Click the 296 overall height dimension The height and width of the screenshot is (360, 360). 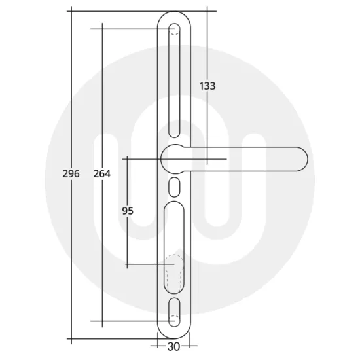coord(72,174)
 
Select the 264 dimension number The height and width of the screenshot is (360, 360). coord(101,174)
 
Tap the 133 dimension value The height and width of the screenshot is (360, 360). coord(207,86)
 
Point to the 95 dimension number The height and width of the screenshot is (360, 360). coord(128,211)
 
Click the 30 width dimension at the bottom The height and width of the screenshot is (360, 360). coord(173,347)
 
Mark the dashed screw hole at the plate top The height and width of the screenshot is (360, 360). coord(174,29)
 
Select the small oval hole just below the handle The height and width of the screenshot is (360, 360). coord(174,187)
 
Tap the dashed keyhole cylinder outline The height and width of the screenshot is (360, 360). coord(174,272)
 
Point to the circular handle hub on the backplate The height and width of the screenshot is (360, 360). coord(175,159)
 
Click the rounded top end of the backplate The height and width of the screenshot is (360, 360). coord(174,14)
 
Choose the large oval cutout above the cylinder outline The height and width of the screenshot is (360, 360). coord(174,223)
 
